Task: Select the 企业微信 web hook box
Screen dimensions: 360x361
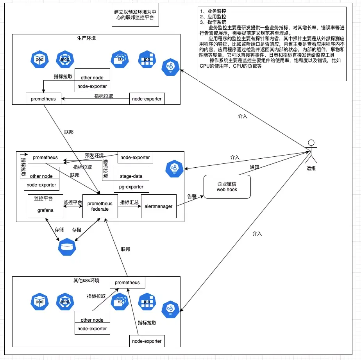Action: point(227,186)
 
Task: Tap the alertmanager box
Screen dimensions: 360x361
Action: point(159,206)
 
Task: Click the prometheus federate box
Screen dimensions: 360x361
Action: point(100,206)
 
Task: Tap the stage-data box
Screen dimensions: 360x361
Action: point(131,176)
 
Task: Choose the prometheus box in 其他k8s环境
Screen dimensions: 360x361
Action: point(127,283)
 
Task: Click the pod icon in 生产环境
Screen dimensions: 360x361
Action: point(39,60)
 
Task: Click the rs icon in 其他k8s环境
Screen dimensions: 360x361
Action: point(120,302)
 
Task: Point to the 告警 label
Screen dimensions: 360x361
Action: point(192,197)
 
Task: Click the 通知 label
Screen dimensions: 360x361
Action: point(255,167)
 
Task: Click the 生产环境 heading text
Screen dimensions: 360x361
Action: point(86,38)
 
